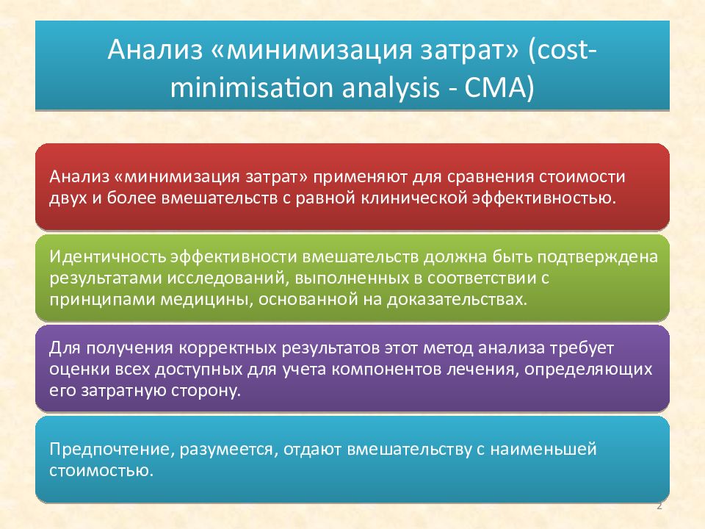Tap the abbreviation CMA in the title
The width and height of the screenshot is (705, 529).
497,89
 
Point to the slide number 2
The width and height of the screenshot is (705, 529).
659,507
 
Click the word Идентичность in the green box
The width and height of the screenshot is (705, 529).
107,258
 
